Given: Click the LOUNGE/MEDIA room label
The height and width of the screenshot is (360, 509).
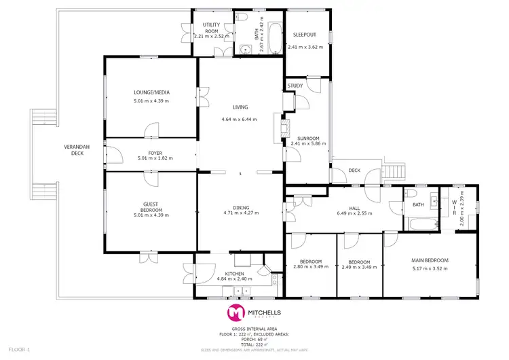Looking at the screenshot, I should pyautogui.click(x=151, y=92).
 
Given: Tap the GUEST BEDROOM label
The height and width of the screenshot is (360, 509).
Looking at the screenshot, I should pyautogui.click(x=151, y=206).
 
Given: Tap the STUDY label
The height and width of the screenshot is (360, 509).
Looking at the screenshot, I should pyautogui.click(x=295, y=86).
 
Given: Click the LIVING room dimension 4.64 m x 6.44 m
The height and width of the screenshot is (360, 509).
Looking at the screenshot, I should pyautogui.click(x=240, y=120).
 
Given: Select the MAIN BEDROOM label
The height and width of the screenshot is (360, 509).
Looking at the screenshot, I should pyautogui.click(x=430, y=259).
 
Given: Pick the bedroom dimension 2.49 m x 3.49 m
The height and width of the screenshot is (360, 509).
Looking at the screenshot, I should pyautogui.click(x=359, y=268).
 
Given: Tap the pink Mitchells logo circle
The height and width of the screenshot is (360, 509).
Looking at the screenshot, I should pyautogui.click(x=235, y=312).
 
